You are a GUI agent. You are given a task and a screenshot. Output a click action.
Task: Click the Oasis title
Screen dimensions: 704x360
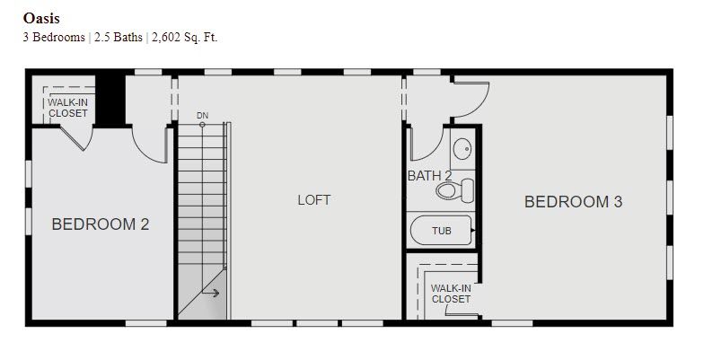(x=41, y=18)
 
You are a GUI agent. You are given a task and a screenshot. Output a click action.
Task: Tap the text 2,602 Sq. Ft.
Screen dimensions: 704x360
(x=185, y=38)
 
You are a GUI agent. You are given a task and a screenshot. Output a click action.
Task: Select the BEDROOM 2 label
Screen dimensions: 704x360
(x=101, y=224)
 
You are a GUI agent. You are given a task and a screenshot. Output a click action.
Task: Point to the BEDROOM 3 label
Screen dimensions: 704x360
(x=573, y=201)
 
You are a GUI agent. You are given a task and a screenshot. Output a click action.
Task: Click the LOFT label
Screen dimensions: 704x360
(x=314, y=199)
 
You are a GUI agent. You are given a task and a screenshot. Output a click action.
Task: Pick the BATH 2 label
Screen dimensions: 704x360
(x=429, y=176)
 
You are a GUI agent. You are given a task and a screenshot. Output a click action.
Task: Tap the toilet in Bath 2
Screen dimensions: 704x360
(x=454, y=190)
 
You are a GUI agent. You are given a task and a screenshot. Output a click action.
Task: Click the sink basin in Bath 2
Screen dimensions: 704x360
(x=462, y=148)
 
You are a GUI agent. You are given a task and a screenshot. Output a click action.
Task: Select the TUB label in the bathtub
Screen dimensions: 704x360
(x=442, y=231)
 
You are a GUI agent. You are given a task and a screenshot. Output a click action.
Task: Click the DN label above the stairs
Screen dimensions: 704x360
(x=203, y=116)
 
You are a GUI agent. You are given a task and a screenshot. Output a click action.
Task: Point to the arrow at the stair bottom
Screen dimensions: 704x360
(x=210, y=293)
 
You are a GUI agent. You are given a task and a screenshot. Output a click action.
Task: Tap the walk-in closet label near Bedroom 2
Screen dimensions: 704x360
(x=68, y=108)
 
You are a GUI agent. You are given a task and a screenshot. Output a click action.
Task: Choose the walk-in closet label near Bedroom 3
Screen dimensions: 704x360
(x=451, y=294)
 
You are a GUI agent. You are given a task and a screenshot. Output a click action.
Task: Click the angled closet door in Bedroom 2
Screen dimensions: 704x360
(x=72, y=138)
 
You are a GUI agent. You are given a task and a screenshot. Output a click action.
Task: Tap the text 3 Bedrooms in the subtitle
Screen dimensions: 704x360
(x=54, y=38)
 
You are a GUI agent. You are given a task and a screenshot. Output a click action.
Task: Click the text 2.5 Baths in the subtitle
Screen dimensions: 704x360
(x=119, y=38)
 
